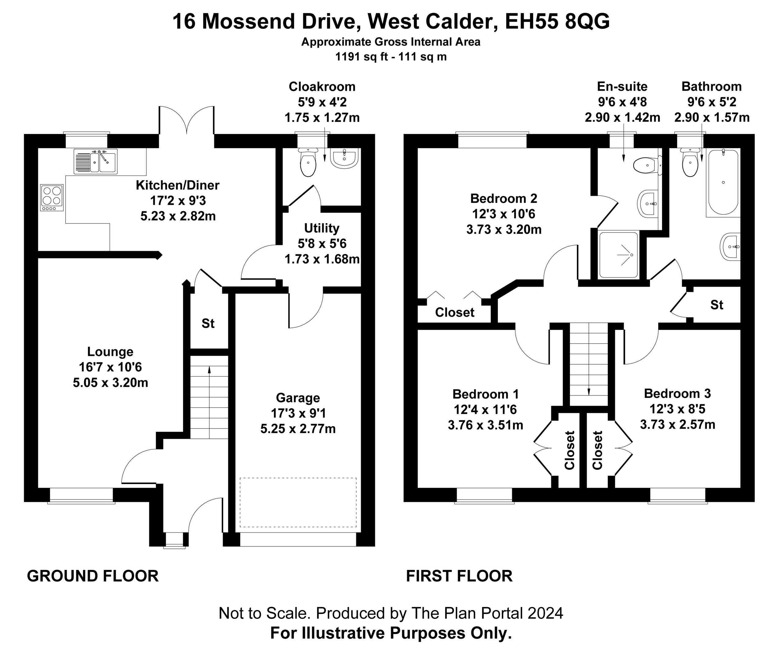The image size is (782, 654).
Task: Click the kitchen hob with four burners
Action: tap(52, 198)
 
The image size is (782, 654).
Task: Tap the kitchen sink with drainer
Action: tap(96, 161)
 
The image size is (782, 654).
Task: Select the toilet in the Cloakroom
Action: tap(308, 162)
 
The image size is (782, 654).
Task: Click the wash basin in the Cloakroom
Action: tap(345, 158)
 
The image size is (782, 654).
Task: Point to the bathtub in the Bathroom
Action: tap(723, 182)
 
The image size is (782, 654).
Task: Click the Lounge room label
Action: tap(110, 351)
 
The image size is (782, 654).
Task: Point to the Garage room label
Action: tap(298, 397)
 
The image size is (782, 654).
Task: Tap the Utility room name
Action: tap(322, 228)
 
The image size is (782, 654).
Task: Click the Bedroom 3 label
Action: tap(677, 394)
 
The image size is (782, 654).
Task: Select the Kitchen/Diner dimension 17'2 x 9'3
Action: tap(178, 201)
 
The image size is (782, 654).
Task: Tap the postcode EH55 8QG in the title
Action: tap(557, 21)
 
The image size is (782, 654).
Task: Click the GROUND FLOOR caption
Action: tap(93, 576)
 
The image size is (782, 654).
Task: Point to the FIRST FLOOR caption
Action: tap(459, 576)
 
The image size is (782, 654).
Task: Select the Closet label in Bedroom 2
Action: tap(455, 312)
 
